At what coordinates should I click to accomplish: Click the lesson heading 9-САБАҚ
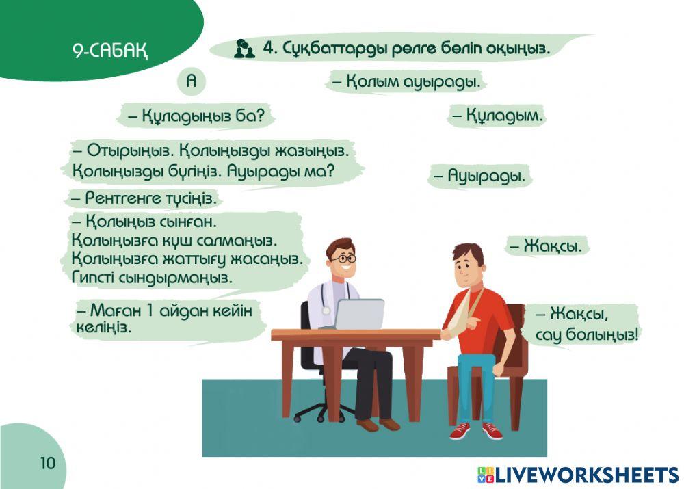(110, 51)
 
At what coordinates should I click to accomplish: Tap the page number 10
(47, 463)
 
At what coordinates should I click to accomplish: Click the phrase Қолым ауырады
(407, 83)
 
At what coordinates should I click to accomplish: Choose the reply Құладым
(497, 116)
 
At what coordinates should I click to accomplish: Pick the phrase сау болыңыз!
(587, 335)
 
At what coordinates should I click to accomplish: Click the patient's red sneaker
(492, 430)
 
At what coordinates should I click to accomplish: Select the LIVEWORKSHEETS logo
(578, 475)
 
